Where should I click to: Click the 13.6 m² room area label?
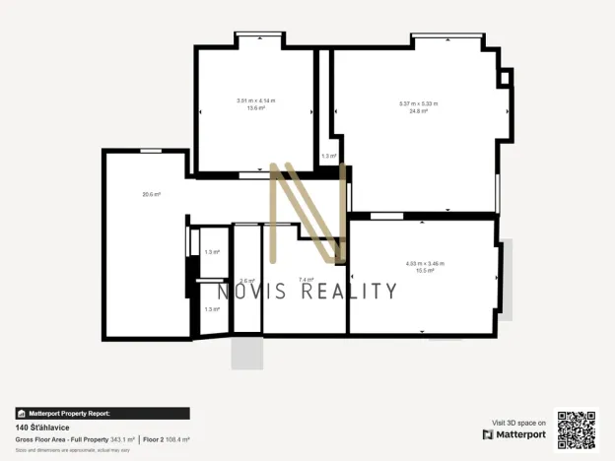tap(256, 108)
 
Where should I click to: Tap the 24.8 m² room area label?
tap(419, 111)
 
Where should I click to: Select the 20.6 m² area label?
tap(151, 194)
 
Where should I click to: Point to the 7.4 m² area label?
tap(306, 280)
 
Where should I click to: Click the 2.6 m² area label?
tap(247, 280)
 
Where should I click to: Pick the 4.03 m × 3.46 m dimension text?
tap(425, 263)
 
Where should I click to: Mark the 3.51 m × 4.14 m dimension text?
tap(256, 101)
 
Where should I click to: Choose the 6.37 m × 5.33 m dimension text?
tap(419, 103)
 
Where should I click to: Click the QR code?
tap(577, 429)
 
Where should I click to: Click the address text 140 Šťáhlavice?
tap(42, 428)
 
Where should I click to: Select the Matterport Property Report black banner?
tap(102, 414)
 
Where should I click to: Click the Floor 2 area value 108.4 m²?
tap(177, 439)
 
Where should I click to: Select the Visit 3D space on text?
tap(519, 423)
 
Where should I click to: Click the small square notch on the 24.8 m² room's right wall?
tap(506, 77)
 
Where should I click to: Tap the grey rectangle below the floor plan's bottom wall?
tap(246, 354)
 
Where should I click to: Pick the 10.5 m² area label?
tap(425, 270)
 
